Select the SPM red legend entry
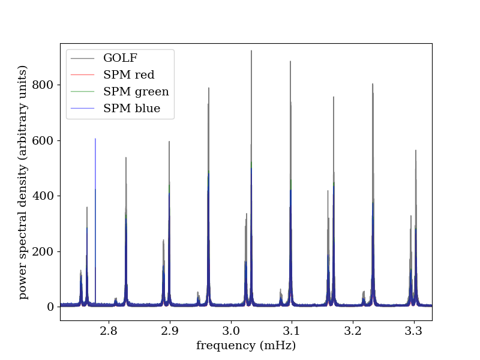(128, 75)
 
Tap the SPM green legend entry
(136, 92)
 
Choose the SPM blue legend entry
(131, 109)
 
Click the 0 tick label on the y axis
(50, 307)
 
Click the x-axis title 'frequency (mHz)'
(246, 346)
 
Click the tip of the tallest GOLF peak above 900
(251, 51)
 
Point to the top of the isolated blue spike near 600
(95, 139)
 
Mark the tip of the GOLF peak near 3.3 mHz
(416, 151)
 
